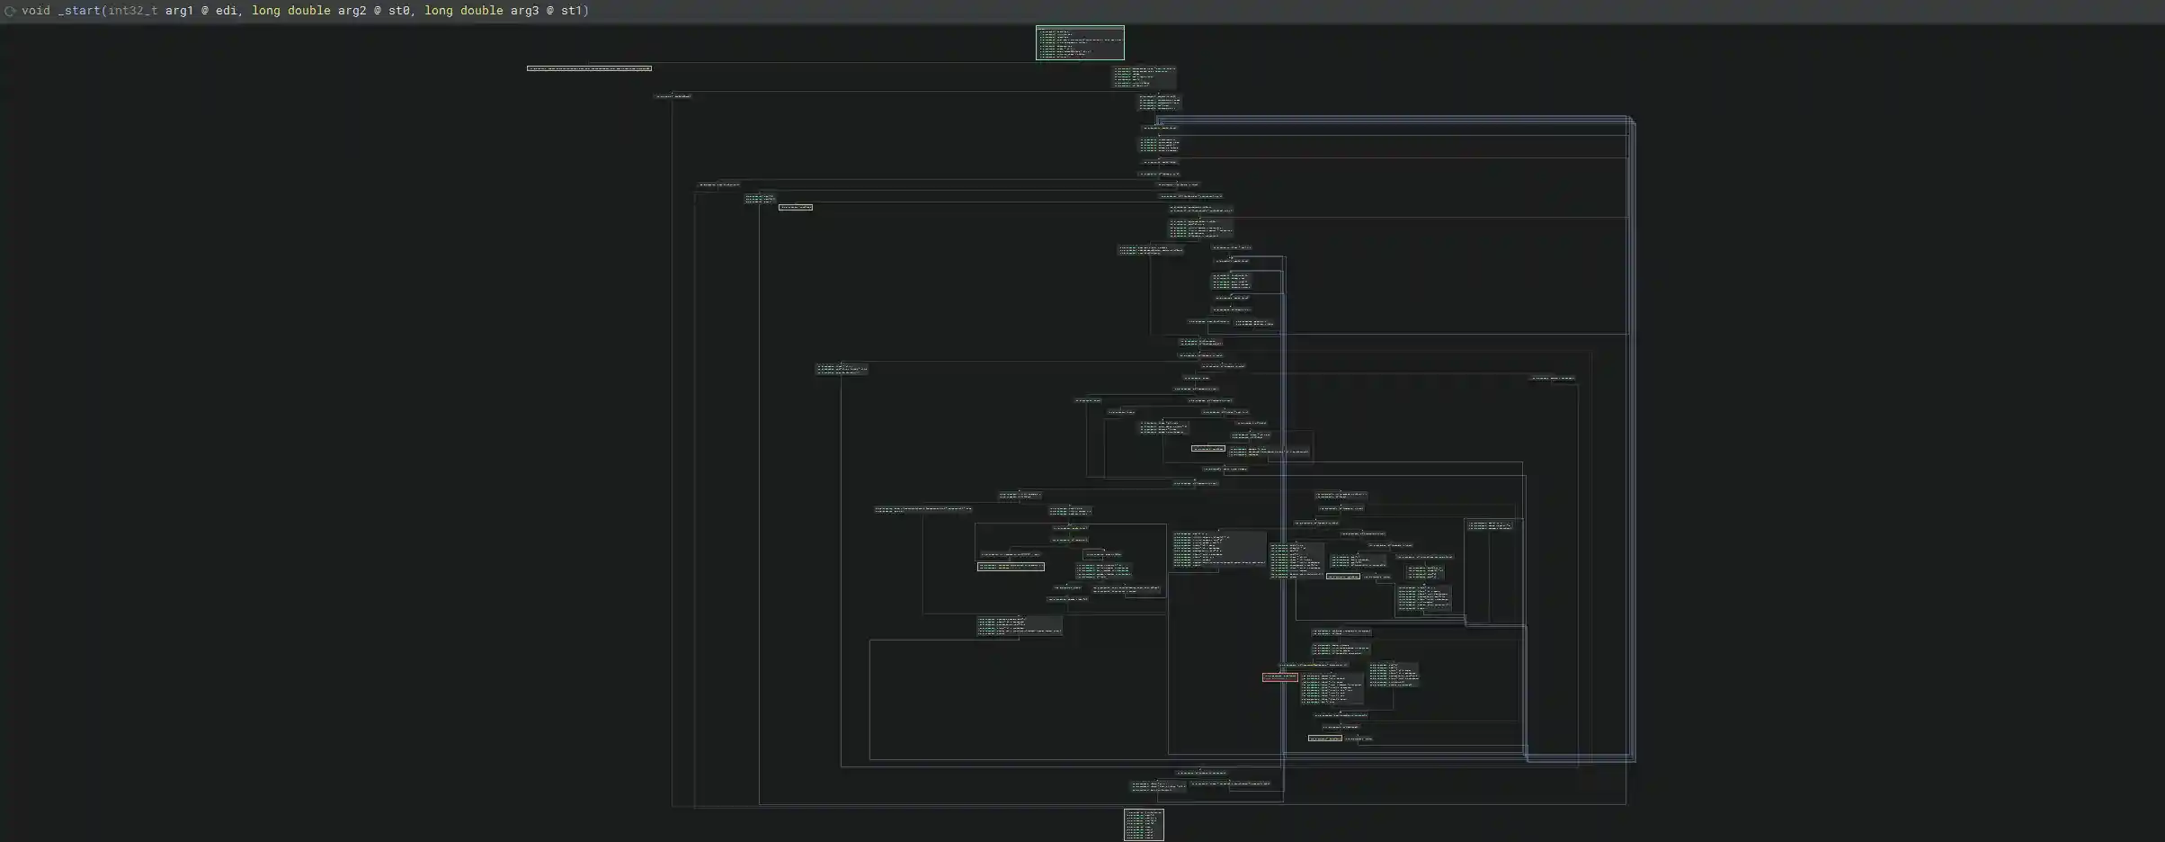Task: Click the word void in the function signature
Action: pos(36,11)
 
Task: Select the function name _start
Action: pos(79,11)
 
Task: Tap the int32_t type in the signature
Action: pos(133,11)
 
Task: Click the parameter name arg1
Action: pos(180,11)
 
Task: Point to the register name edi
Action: pos(227,11)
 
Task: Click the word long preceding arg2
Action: pos(266,11)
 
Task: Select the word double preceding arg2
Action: pos(309,11)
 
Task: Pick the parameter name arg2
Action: pos(352,11)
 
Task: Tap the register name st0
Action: pos(399,11)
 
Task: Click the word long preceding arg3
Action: pos(439,11)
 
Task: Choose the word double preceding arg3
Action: pos(482,11)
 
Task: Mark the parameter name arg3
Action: pos(525,11)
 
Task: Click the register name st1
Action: pos(572,11)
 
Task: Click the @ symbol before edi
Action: pos(205,11)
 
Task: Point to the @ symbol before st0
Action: pos(378,11)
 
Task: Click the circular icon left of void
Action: pos(11,11)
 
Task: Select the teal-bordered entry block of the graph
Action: pos(1080,42)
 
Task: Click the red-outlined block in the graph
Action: pos(1279,676)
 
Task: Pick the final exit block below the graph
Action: pos(1144,824)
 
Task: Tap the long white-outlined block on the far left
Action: pos(589,68)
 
